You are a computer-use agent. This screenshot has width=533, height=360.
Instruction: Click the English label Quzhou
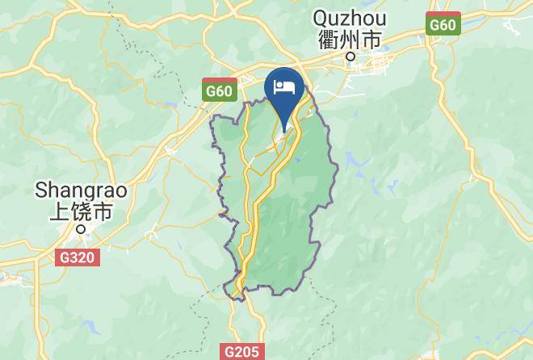point(350,18)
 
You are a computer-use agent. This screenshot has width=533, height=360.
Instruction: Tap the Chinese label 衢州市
point(350,39)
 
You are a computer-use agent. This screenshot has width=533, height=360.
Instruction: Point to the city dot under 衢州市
point(350,57)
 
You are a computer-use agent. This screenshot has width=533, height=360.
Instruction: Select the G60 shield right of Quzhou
point(443,24)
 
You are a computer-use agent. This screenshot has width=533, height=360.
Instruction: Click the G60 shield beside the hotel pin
point(219,90)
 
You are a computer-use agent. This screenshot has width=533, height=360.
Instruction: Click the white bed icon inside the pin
point(283,87)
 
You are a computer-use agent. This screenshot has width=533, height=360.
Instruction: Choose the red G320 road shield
point(78,258)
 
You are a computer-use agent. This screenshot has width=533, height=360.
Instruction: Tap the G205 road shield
point(242,351)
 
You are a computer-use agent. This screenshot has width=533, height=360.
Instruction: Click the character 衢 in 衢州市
point(329,39)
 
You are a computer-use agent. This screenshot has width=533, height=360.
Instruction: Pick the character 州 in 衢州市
point(350,39)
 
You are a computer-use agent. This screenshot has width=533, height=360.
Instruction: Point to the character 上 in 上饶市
point(60,211)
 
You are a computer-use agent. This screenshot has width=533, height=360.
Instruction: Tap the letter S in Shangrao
point(40,190)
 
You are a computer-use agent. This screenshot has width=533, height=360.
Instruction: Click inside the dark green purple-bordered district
point(279,226)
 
